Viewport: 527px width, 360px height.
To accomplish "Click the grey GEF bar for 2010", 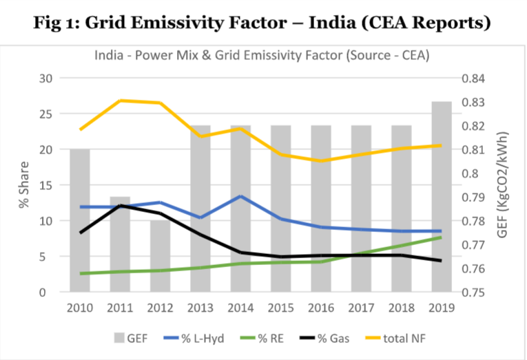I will [x=80, y=220].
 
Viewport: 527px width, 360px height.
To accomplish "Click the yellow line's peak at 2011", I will [x=121, y=100].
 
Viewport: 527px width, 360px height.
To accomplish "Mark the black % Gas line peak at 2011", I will [x=121, y=205].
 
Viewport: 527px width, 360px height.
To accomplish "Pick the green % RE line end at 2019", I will [x=442, y=237].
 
